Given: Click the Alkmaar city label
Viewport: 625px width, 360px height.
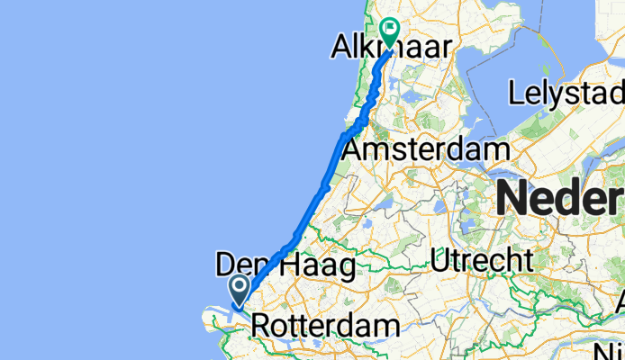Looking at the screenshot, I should tap(392, 47).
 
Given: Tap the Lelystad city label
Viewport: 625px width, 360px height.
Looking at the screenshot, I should tap(565, 93).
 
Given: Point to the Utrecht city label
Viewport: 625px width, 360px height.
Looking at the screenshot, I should tap(481, 261).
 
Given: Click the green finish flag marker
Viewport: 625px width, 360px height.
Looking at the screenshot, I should tap(391, 29).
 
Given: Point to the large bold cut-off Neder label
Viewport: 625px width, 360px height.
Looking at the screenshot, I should tap(558, 197).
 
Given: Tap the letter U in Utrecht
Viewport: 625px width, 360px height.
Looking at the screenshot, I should tap(439, 261).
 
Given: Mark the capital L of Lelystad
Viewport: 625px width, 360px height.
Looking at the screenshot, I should tap(514, 93).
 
